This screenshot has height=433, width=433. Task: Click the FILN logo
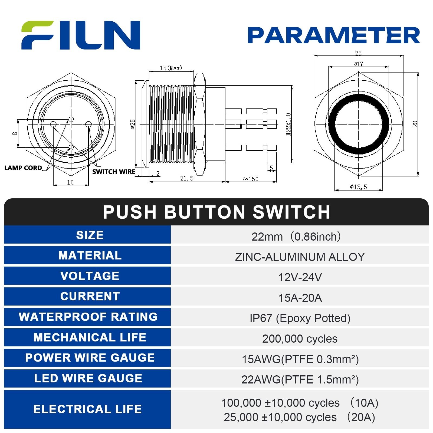81,35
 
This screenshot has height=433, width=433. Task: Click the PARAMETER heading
334,35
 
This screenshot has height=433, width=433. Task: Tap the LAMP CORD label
23,168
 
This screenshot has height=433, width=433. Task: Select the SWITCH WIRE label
114,172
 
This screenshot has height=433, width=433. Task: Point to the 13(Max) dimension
171,68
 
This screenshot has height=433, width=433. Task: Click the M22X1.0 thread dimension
288,124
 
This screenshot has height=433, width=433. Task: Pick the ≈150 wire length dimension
251,179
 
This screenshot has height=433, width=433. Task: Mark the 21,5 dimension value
187,178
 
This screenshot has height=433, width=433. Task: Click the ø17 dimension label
358,64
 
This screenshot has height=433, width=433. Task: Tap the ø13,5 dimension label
358,187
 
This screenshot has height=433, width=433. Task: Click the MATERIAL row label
90,255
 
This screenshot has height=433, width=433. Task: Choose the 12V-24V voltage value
300,277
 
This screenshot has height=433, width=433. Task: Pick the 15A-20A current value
300,298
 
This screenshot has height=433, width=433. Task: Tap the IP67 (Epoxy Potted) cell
300,318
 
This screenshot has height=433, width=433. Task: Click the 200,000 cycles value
300,339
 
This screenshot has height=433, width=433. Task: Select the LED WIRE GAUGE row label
88,378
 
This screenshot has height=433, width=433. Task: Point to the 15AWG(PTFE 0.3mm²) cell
300,359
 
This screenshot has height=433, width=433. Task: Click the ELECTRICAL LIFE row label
87,409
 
